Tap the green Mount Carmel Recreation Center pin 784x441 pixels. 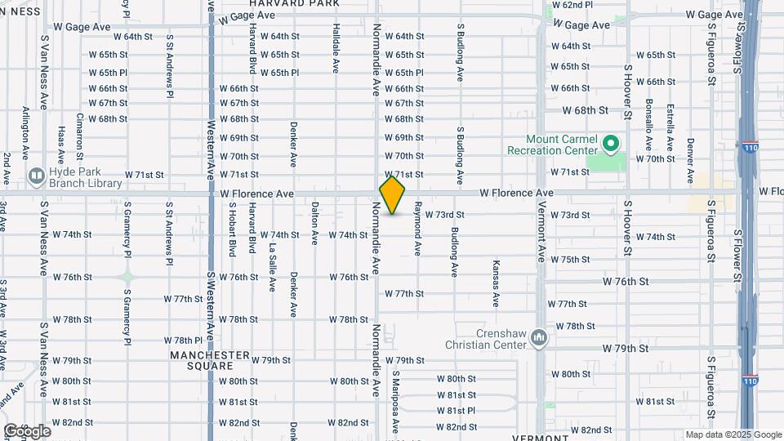(x=610, y=145)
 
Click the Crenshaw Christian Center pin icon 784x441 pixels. (x=538, y=337)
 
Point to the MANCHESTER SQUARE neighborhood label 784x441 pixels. (x=210, y=360)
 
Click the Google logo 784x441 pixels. (x=27, y=431)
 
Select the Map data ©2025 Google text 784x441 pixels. (x=733, y=434)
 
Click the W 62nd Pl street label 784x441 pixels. (x=572, y=5)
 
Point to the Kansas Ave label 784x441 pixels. (x=496, y=283)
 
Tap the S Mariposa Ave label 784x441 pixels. (x=394, y=403)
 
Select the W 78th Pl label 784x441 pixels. (x=183, y=341)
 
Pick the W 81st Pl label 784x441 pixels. (x=456, y=411)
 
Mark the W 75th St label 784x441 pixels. (x=570, y=260)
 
